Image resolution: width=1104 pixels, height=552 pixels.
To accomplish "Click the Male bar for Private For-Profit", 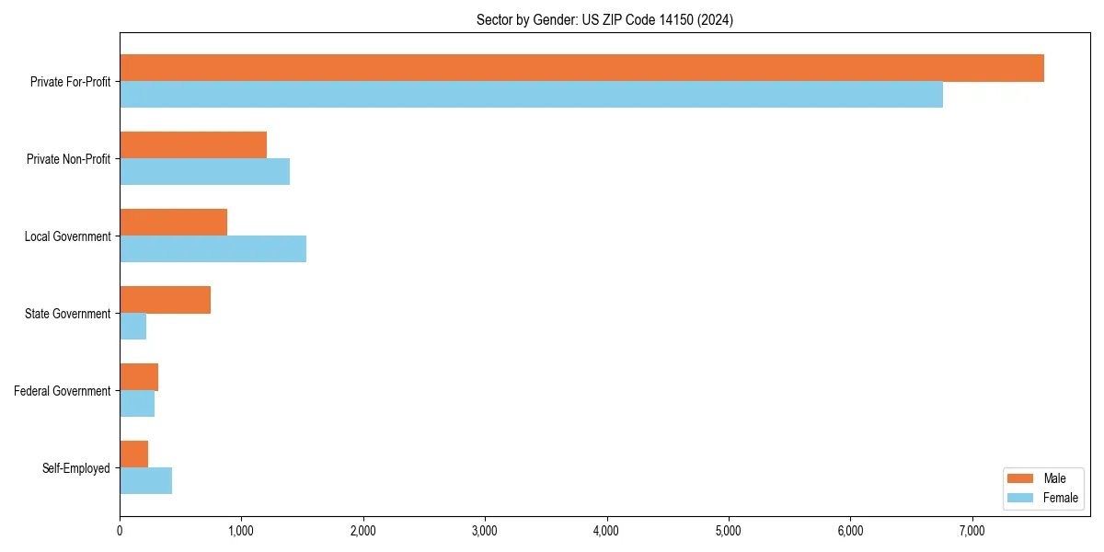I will coord(581,68).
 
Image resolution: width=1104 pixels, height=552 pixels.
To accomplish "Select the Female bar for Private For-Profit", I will coord(531,95).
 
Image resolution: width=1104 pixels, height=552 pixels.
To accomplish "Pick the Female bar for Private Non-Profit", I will coord(204,172).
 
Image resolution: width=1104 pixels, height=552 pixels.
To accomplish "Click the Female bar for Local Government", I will coord(213,249).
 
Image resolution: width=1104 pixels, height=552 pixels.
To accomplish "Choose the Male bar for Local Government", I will coord(173,223).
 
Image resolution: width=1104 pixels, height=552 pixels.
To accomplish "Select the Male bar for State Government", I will coord(165,300).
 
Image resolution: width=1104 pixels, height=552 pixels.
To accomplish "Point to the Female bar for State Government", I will coord(132,327).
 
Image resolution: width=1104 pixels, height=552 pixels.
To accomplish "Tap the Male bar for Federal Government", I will coord(139,377).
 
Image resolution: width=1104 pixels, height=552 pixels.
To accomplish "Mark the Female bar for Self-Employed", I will coord(145,481).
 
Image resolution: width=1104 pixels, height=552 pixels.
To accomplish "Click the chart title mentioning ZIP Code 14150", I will coord(604,19).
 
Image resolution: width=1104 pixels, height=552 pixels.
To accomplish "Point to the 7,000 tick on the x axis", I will coord(972,531).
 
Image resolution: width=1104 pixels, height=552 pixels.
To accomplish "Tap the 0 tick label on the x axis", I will coord(120,531).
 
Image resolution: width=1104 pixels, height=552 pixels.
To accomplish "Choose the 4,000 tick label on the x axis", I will coord(606,531).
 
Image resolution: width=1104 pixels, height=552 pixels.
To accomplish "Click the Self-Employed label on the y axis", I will coord(76,468).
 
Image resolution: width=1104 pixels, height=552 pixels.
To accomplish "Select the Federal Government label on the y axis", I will coord(63,391).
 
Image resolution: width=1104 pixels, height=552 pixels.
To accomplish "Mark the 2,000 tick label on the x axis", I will coord(362,531).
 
